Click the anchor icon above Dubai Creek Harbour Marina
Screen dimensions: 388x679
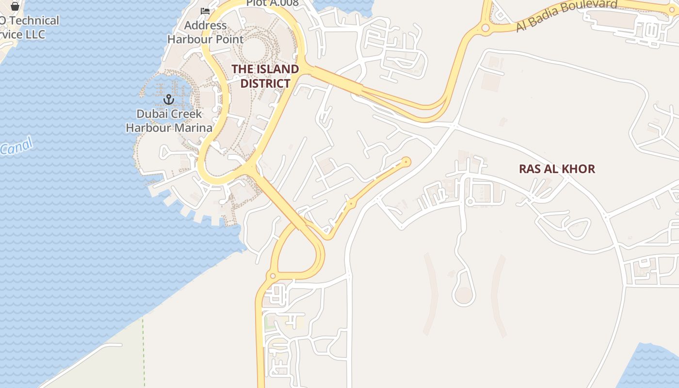[x=169, y=100]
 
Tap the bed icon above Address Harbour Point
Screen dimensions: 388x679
[x=205, y=11]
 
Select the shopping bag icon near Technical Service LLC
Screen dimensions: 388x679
[x=15, y=6]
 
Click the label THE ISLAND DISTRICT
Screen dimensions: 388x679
[x=265, y=76]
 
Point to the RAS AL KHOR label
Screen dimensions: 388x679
[x=557, y=169]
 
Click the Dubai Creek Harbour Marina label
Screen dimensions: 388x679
[x=169, y=121]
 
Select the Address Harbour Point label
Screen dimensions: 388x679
[x=206, y=32]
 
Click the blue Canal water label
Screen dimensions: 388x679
[x=16, y=146]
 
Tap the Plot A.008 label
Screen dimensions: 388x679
[x=272, y=3]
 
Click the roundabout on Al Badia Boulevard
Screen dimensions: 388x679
[x=485, y=28]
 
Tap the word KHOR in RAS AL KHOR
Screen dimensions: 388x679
[x=578, y=169]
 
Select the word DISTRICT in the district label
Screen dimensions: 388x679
[x=265, y=83]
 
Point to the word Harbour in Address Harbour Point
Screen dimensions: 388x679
[x=188, y=39]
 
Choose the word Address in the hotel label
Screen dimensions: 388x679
[x=206, y=25]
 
